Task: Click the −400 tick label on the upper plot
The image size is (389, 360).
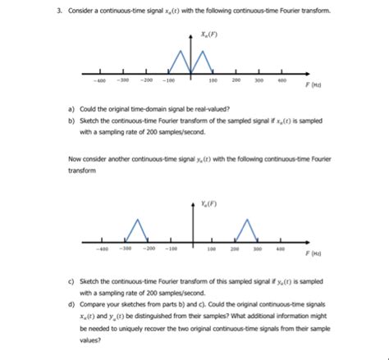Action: (99, 80)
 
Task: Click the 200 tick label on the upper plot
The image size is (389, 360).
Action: (236, 80)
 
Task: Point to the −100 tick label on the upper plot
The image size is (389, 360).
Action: (167, 80)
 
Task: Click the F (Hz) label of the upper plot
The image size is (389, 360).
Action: (312, 84)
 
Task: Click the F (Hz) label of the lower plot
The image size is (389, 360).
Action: (311, 254)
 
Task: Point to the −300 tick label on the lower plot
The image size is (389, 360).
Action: (126, 248)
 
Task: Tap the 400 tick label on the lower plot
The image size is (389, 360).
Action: (281, 248)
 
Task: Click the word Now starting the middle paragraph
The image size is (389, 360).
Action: (75, 158)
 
